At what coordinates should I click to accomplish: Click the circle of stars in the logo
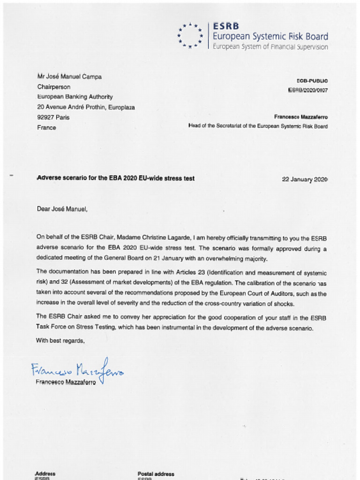190,36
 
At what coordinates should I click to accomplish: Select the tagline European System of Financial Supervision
270,47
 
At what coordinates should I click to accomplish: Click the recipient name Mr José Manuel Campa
69,76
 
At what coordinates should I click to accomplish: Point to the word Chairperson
54,87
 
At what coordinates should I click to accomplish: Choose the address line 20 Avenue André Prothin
86,107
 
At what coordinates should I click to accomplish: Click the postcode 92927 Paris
53,117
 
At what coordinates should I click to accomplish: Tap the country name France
46,127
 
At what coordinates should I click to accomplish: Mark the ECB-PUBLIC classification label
312,81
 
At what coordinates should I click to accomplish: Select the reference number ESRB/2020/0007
307,90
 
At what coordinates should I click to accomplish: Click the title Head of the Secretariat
258,126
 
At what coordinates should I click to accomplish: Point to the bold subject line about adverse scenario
115,178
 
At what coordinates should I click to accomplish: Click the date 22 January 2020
304,179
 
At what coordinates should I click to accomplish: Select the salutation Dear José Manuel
62,209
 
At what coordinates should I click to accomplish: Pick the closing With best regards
60,341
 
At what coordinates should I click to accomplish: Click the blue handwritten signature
78,370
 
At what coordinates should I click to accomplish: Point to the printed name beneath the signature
66,382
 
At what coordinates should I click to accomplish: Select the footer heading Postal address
156,474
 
